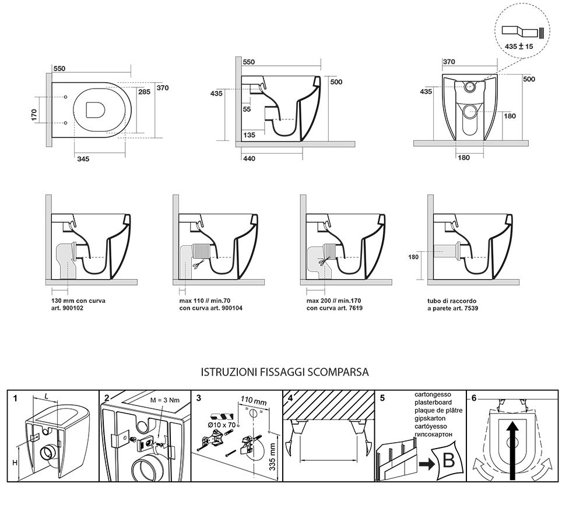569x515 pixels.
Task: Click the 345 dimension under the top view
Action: click(x=83, y=159)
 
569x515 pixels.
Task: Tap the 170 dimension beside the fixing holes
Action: click(x=34, y=115)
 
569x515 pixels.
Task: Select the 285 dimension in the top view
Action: click(x=144, y=92)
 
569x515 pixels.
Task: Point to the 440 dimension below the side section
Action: click(x=250, y=158)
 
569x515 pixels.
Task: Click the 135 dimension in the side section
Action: click(x=250, y=135)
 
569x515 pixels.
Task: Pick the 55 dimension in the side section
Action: click(x=247, y=109)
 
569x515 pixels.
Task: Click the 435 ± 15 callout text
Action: click(x=519, y=46)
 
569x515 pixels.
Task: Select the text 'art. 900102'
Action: click(x=68, y=308)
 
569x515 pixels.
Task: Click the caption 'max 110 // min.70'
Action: click(x=205, y=301)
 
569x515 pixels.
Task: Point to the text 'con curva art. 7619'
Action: click(x=335, y=308)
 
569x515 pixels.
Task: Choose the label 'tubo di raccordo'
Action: click(x=452, y=301)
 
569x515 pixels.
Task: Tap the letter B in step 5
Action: click(x=449, y=460)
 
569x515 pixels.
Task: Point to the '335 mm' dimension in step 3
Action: click(x=272, y=457)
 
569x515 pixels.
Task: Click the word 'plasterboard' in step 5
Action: click(x=433, y=403)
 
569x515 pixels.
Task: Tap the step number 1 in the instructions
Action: click(x=15, y=398)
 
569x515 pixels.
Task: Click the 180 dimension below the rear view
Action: click(x=463, y=157)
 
